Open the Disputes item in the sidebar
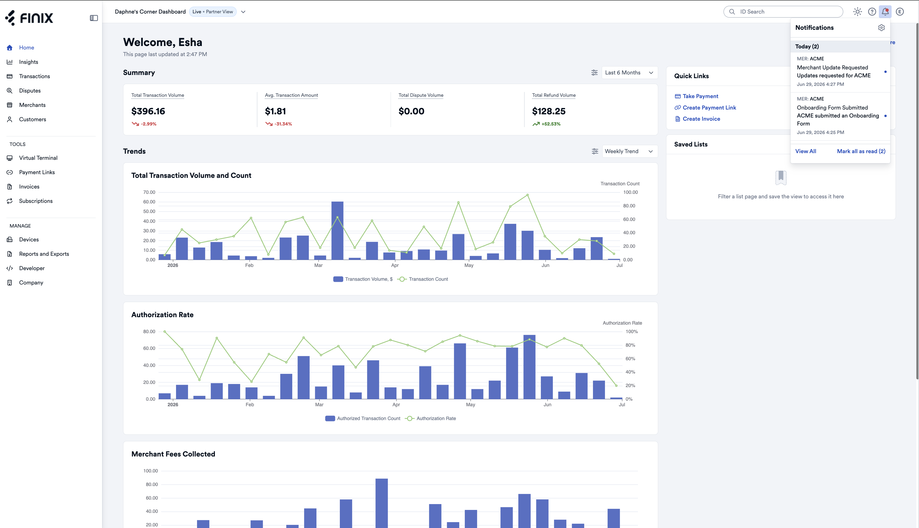coord(30,91)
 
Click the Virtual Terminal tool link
coord(38,158)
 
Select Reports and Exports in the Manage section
coord(44,254)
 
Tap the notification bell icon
coord(885,12)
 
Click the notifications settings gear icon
coord(881,28)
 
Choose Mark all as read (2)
coord(861,151)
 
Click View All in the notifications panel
coord(805,151)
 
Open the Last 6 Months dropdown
coord(629,73)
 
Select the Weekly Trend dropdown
coord(629,151)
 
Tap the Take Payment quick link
coord(696,96)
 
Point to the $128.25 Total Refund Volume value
coord(549,111)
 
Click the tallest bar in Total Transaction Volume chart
coord(337,231)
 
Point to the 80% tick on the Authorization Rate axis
coord(630,345)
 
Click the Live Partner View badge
coord(213,12)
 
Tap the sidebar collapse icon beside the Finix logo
coord(94,18)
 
